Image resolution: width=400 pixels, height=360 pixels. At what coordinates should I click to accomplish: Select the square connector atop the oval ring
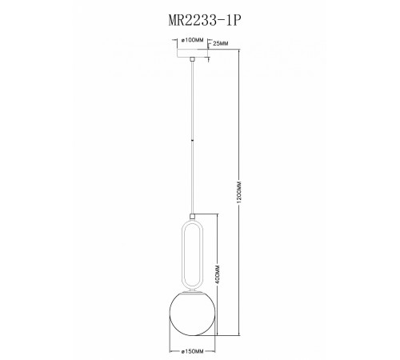[193, 215]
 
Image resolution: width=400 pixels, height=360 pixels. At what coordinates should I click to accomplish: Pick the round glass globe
[193, 311]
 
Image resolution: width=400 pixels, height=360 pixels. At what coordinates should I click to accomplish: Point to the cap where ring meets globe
[193, 290]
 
